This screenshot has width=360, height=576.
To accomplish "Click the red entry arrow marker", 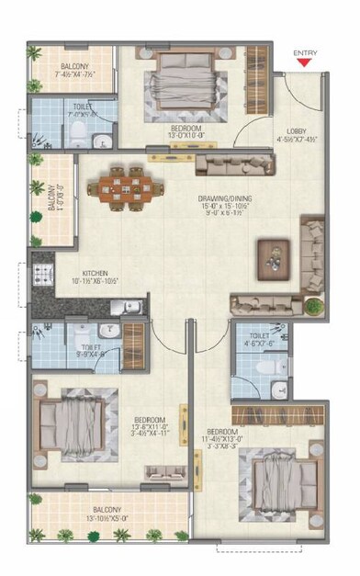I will pos(304,63).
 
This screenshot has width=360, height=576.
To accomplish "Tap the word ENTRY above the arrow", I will pos(304,52).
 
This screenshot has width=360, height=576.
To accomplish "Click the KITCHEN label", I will pos(95,273).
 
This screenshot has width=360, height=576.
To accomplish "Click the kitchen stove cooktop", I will pos(41,273).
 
